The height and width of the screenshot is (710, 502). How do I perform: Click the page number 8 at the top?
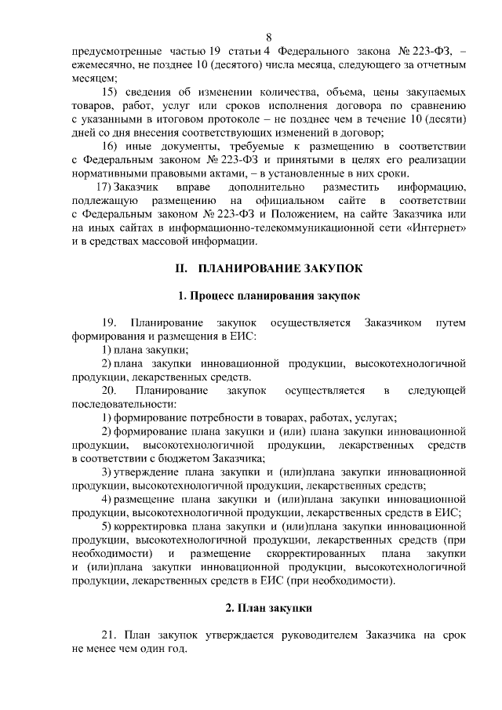(x=268, y=37)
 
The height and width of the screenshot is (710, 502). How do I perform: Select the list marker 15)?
(x=111, y=92)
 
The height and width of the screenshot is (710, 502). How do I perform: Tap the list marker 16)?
(x=111, y=146)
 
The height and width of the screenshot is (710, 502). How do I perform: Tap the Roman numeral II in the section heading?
(x=180, y=268)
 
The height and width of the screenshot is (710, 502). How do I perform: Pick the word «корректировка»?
(x=150, y=526)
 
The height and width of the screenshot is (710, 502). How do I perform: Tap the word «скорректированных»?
(x=328, y=554)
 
